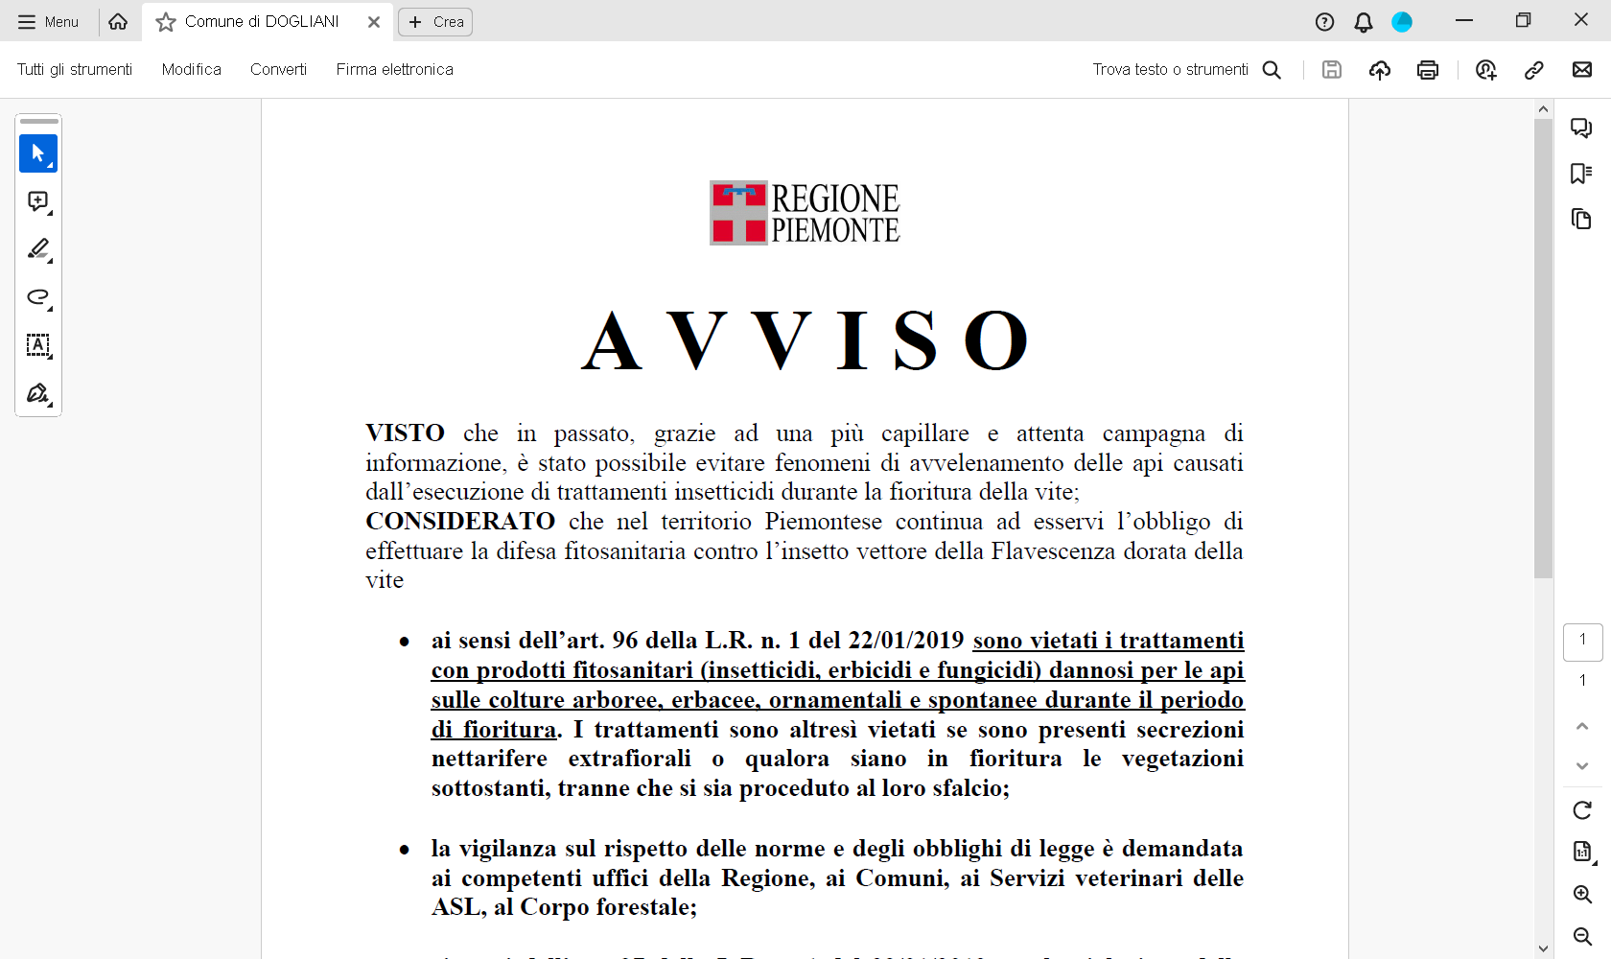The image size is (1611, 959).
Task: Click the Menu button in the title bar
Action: click(x=48, y=22)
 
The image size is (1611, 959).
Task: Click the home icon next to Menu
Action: click(x=118, y=22)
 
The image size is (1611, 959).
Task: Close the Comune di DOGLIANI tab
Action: click(x=374, y=22)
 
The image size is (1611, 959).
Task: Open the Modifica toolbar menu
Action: click(x=191, y=69)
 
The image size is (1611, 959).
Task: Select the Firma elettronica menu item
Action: click(x=394, y=69)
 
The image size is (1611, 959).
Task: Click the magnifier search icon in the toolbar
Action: click(x=1272, y=69)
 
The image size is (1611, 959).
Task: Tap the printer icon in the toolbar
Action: click(x=1427, y=69)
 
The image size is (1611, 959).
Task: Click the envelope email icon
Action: click(x=1581, y=69)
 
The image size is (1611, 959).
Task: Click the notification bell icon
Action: click(x=1363, y=22)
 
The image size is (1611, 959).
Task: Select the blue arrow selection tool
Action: click(x=38, y=153)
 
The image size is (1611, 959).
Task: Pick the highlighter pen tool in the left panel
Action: click(x=38, y=249)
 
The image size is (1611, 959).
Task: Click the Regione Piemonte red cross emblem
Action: click(x=738, y=213)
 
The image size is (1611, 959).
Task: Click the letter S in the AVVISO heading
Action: click(x=915, y=341)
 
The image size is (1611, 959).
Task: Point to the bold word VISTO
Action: click(x=405, y=433)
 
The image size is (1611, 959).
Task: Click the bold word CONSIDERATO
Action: click(x=460, y=522)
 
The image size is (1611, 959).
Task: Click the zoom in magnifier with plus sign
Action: click(x=1582, y=894)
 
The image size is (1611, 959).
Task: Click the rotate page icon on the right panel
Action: click(x=1582, y=810)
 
